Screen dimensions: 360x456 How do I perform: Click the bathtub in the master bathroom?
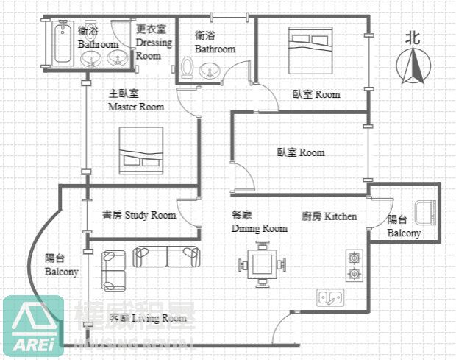point(59,44)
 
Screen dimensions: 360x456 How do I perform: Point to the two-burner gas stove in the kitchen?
point(355,266)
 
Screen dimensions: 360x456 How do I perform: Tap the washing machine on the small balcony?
point(425,213)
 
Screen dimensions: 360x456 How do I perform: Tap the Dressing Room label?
point(154,43)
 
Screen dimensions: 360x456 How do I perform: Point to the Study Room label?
point(139,215)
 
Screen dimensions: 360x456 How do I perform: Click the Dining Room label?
point(259,222)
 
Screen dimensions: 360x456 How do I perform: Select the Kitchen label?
point(329,216)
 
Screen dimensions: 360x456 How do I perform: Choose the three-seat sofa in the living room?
point(167,257)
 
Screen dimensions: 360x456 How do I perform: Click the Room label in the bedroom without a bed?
point(300,152)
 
